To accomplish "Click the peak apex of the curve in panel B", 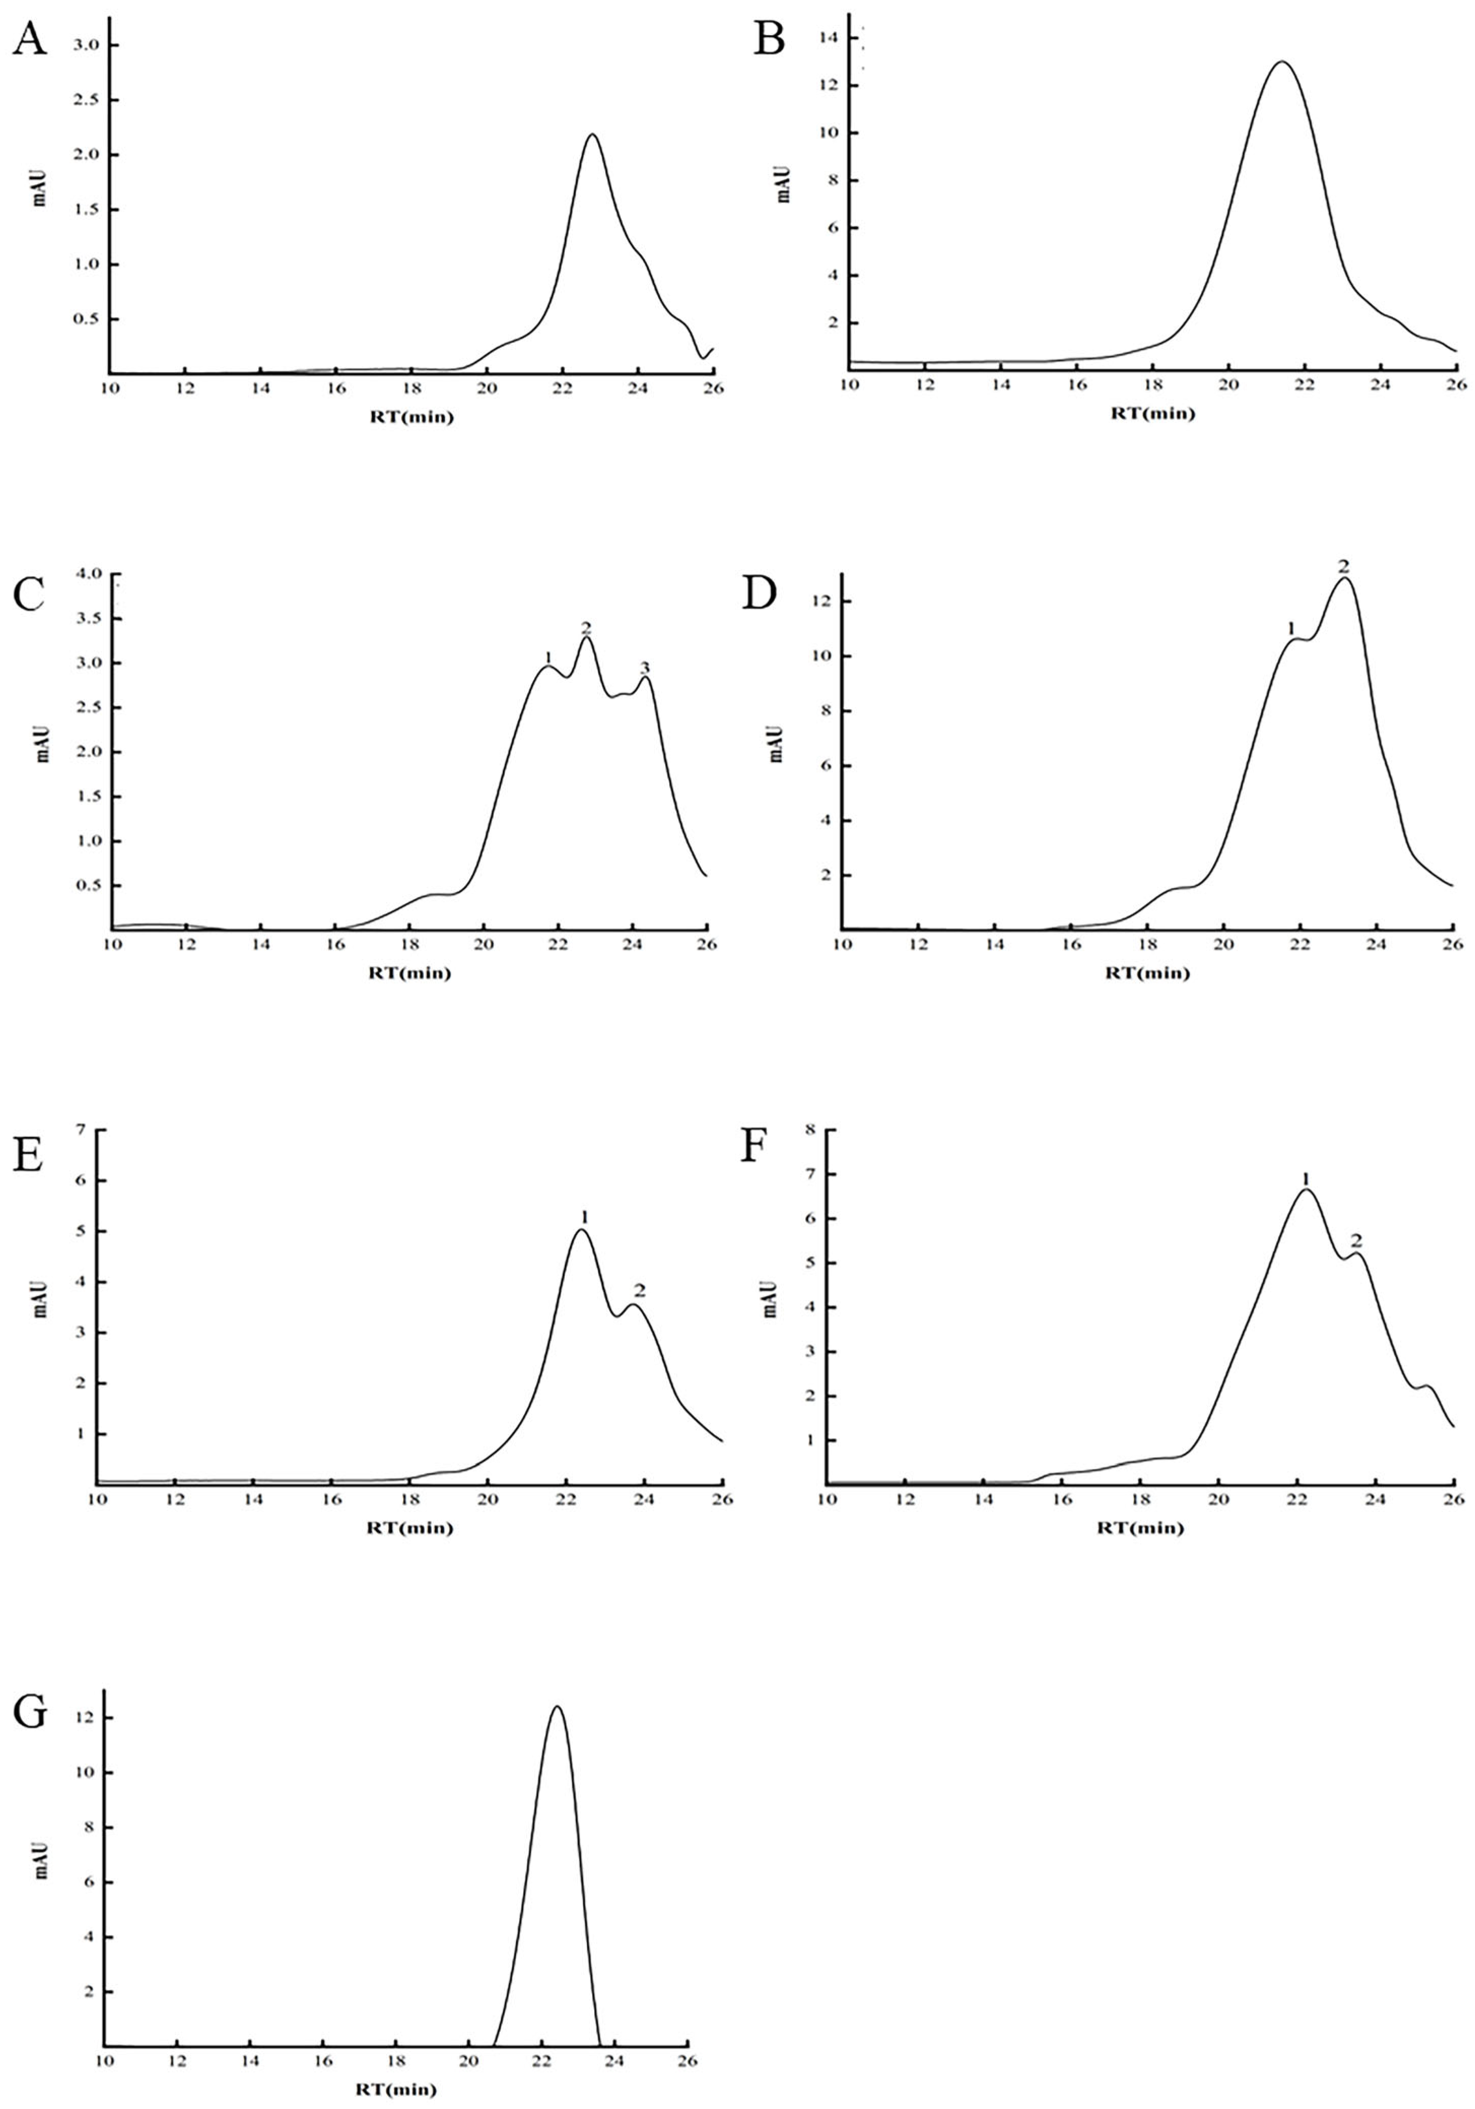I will pos(1281,61).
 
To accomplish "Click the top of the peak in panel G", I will pos(556,1706).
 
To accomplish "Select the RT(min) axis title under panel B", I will pos(1153,413).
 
